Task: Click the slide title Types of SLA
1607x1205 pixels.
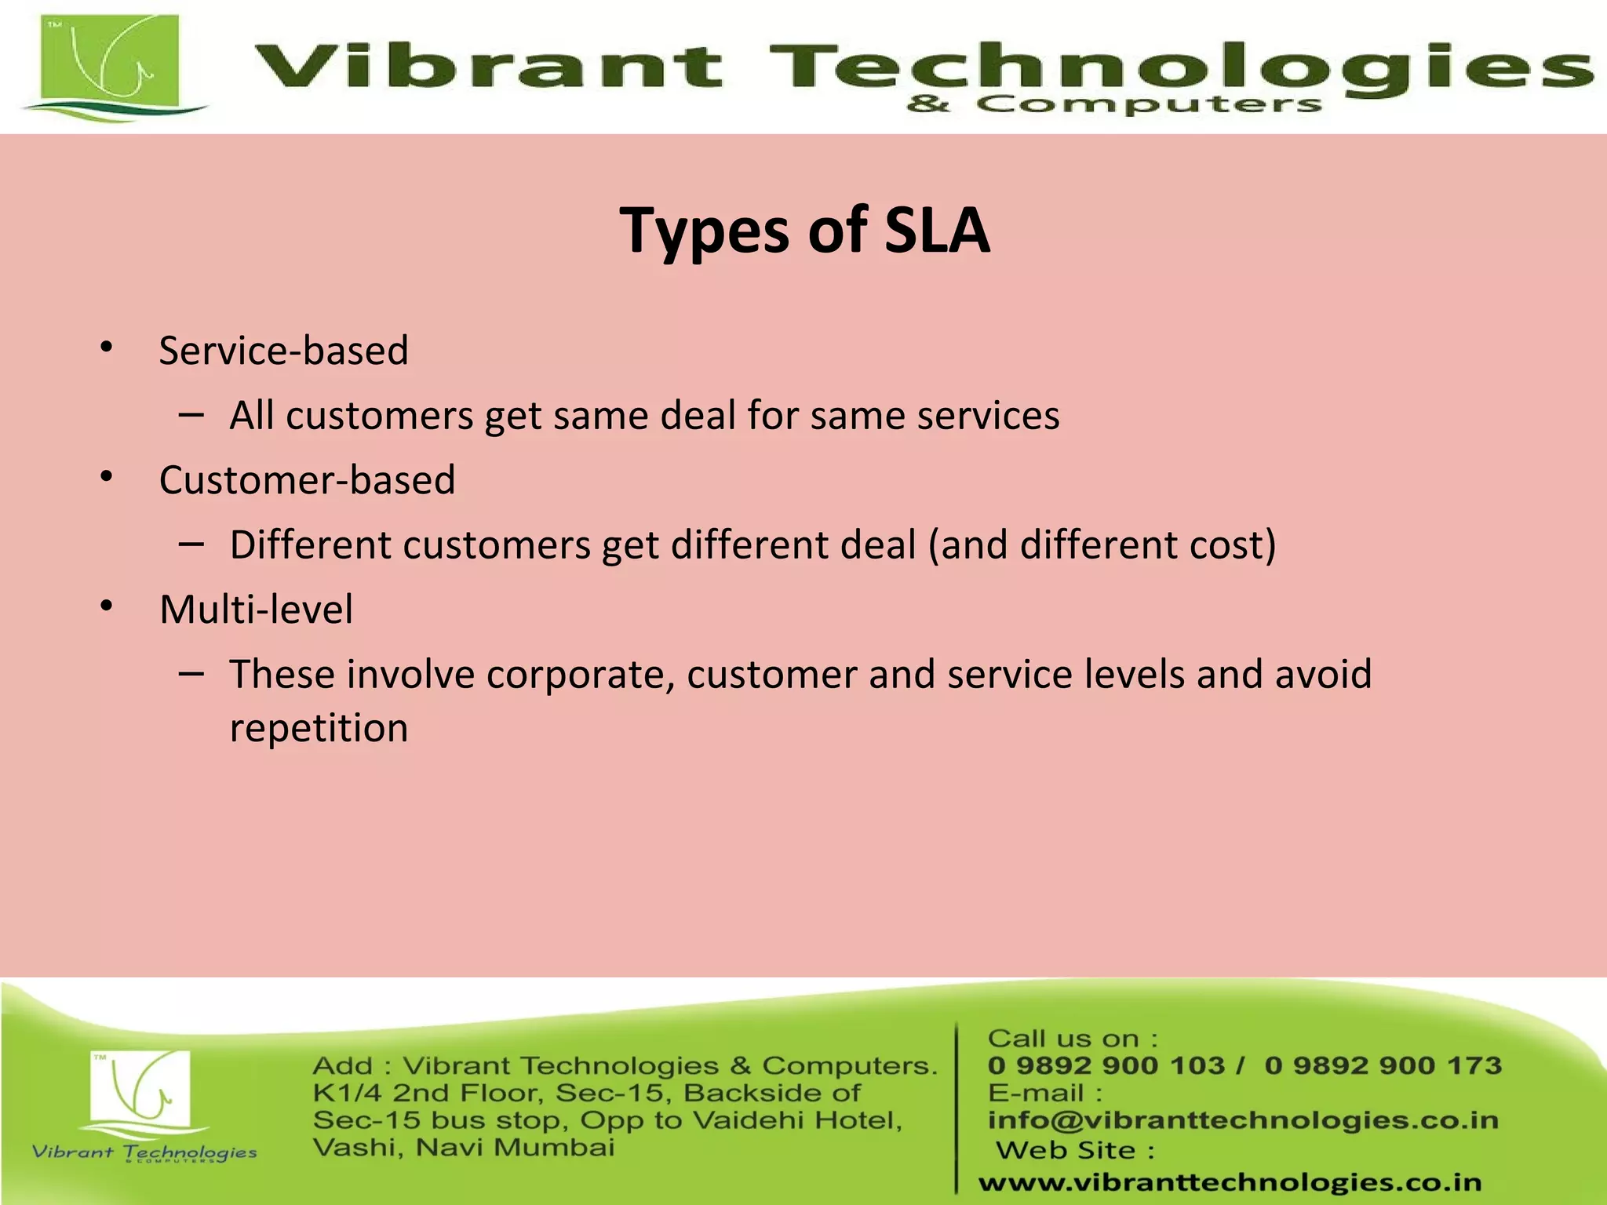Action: pos(804,231)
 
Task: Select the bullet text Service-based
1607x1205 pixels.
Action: pos(283,351)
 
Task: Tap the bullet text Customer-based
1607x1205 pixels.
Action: pos(307,480)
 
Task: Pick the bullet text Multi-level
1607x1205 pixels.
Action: pos(256,610)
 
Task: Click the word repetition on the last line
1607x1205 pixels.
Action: pos(319,728)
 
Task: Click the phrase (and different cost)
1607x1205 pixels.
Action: pos(1102,545)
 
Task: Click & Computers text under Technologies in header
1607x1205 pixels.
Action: pos(1114,104)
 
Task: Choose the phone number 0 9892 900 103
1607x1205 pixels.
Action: pos(1106,1065)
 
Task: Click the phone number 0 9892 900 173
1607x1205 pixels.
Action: pos(1383,1065)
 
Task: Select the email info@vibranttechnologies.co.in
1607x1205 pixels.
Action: pos(1243,1120)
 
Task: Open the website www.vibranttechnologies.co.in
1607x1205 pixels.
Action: pos(1230,1182)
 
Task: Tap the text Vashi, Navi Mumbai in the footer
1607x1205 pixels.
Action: pos(463,1148)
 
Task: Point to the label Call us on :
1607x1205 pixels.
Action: pos(1073,1039)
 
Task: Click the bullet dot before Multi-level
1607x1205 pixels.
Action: pos(107,606)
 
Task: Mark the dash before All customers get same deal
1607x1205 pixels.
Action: pos(191,413)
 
